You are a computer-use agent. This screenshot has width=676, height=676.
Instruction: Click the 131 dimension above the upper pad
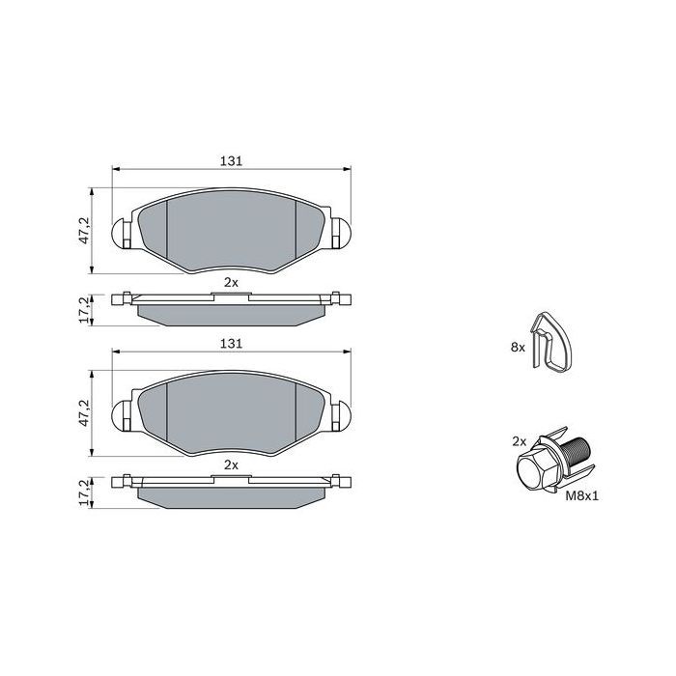tap(231, 161)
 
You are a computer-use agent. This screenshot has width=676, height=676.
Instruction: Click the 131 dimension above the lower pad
tap(231, 344)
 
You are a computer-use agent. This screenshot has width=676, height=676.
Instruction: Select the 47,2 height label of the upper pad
tap(84, 230)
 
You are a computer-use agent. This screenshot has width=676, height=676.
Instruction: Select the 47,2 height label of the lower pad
tap(84, 413)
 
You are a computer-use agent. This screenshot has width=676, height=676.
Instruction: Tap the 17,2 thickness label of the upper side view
tap(84, 310)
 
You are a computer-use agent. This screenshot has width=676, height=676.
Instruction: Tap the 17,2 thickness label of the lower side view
tap(84, 493)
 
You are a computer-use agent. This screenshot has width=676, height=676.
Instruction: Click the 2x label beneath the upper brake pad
tap(231, 282)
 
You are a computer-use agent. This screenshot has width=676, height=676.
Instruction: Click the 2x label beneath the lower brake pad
tap(231, 465)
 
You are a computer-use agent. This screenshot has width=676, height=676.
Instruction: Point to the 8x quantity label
tap(518, 347)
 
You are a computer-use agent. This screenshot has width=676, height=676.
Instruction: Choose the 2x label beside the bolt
tap(520, 441)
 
